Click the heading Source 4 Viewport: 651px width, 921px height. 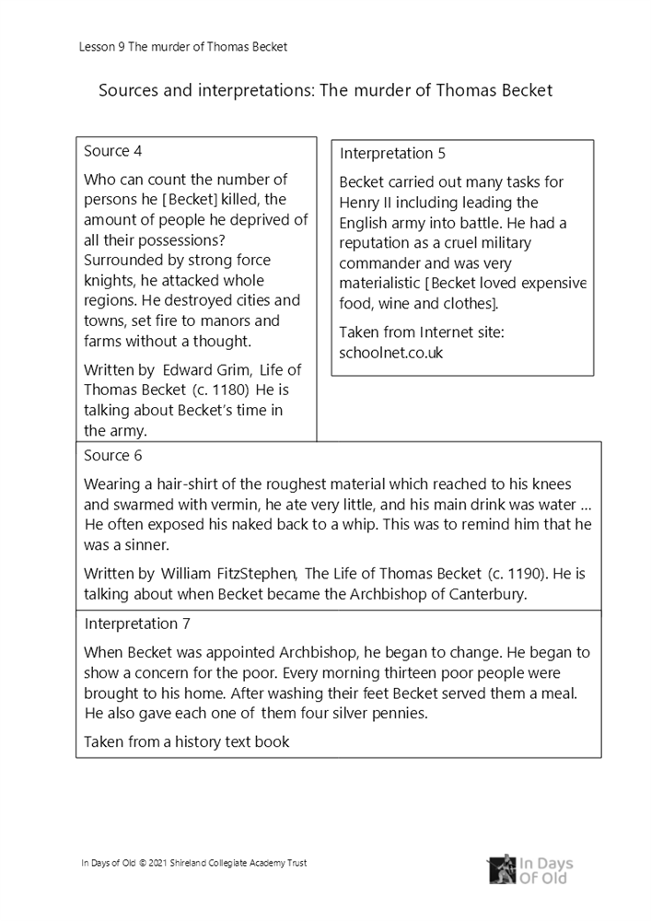[112, 151]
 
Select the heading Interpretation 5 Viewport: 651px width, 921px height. [392, 154]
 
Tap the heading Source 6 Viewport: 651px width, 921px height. [112, 455]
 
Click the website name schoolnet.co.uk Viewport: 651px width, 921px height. [391, 352]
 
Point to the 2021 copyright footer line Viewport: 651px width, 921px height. [194, 863]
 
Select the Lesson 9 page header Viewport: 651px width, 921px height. [183, 47]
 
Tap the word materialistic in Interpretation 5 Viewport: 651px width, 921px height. [383, 284]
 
